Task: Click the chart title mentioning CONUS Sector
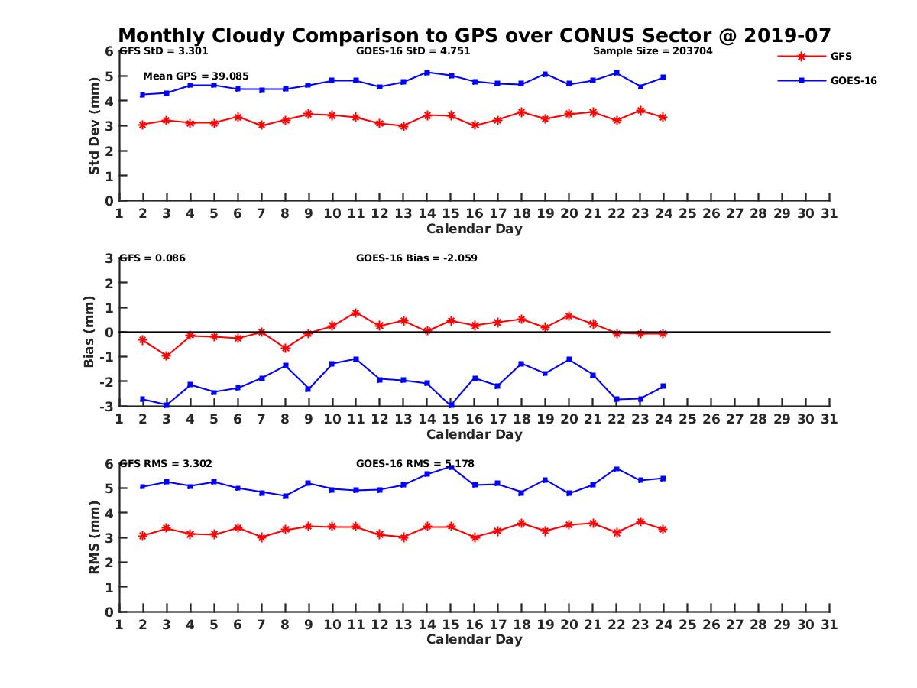(475, 36)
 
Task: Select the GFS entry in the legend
(841, 56)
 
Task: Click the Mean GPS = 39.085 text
(196, 76)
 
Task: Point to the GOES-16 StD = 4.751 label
(413, 51)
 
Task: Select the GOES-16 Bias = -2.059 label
(416, 258)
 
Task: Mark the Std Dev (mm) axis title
(94, 126)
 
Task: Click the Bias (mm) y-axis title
(89, 332)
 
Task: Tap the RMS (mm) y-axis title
(94, 537)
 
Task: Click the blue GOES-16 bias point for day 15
(451, 405)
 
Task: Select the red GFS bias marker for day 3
(167, 355)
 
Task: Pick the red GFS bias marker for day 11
(356, 313)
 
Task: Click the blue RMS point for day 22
(617, 469)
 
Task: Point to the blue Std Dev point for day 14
(427, 73)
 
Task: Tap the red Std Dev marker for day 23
(640, 111)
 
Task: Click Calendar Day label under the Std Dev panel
(475, 229)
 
